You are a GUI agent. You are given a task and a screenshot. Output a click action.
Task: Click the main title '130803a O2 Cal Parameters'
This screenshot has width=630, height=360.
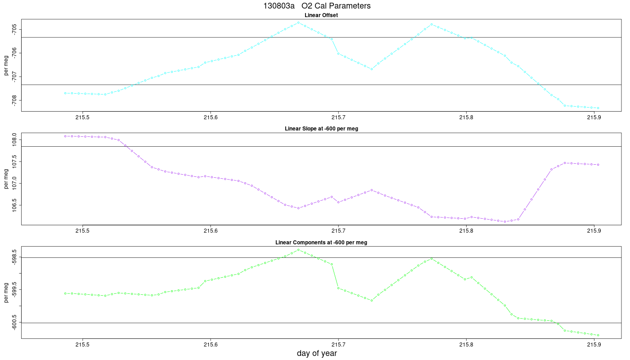tap(317, 6)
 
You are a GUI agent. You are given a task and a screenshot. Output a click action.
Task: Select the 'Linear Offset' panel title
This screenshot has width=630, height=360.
tap(321, 15)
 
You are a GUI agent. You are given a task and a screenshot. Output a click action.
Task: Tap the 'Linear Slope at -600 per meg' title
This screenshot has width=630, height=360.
tap(321, 129)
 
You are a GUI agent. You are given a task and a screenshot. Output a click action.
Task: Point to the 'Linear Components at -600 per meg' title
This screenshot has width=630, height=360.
tap(321, 243)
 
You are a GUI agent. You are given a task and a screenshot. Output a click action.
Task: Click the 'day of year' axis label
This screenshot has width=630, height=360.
tap(317, 353)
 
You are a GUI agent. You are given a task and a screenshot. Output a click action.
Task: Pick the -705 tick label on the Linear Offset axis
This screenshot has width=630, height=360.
tap(14, 29)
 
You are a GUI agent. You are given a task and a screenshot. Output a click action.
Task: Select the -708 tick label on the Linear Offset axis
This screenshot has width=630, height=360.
tap(14, 100)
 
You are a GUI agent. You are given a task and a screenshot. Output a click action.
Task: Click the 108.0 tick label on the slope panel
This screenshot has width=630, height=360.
tap(14, 140)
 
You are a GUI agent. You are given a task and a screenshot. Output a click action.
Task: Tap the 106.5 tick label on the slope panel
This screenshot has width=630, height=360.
tap(14, 205)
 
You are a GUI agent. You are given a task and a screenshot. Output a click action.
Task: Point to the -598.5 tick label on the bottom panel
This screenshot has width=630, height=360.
tap(14, 257)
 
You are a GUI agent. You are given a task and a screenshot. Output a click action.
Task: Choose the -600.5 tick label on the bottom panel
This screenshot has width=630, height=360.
tap(14, 323)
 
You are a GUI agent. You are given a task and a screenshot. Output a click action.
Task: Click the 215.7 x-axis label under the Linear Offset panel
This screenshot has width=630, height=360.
tap(338, 117)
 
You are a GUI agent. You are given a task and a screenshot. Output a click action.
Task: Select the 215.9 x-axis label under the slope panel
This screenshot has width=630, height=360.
tap(594, 231)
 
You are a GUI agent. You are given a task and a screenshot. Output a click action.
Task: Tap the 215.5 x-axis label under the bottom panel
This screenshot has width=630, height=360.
tap(82, 345)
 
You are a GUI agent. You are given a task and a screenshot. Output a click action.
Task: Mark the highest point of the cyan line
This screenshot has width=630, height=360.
tap(298, 22)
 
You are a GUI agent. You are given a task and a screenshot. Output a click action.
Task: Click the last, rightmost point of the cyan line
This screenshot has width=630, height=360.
tap(598, 108)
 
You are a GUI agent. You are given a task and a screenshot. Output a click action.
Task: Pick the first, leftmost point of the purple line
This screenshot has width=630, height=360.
tap(65, 136)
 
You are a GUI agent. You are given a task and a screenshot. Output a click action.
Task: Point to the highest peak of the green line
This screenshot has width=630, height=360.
tap(298, 250)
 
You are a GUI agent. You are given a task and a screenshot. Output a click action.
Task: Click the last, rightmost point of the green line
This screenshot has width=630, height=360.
tap(598, 335)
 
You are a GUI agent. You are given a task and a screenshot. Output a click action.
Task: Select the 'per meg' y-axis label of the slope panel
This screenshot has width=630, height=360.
tap(6, 179)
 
